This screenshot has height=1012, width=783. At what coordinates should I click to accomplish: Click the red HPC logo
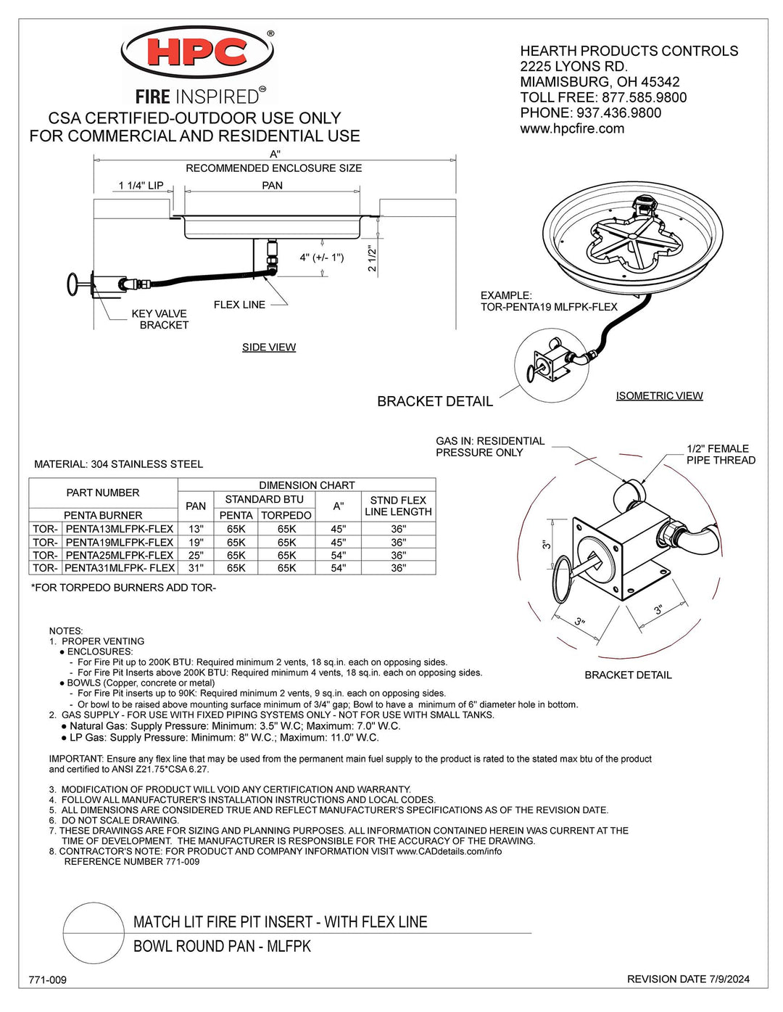point(197,52)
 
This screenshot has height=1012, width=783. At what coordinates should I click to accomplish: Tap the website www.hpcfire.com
point(572,128)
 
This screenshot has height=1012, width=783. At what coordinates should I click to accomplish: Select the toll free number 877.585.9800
point(644,97)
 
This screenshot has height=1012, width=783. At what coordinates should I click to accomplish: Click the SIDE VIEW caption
point(269,347)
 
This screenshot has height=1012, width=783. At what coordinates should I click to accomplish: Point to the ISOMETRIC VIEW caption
point(659,395)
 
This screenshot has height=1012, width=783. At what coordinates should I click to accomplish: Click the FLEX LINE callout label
point(239,305)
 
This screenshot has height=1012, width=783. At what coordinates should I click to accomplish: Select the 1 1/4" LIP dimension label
point(141,186)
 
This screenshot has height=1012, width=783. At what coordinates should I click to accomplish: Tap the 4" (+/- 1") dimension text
point(322,257)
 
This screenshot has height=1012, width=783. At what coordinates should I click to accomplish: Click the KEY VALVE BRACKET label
point(159,319)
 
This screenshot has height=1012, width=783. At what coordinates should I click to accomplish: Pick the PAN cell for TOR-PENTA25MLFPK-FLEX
point(196,555)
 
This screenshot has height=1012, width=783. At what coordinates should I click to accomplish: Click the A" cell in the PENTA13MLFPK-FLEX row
point(339,529)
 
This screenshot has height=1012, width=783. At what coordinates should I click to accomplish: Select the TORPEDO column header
point(286,515)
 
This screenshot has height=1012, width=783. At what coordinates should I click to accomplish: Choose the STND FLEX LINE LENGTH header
point(398,506)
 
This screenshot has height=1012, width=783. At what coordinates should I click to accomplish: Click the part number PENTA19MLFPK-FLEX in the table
point(120,542)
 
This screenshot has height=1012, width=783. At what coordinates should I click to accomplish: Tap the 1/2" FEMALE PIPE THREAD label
point(721,454)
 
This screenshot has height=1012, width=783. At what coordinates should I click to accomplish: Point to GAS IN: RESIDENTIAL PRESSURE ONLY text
point(490,447)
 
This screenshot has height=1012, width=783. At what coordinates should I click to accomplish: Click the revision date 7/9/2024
point(729,979)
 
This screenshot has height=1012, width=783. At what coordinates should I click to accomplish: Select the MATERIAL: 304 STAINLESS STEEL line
point(119,464)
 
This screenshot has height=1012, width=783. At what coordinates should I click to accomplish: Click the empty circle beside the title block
point(94,933)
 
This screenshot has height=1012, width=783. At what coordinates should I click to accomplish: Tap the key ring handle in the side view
point(73,284)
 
